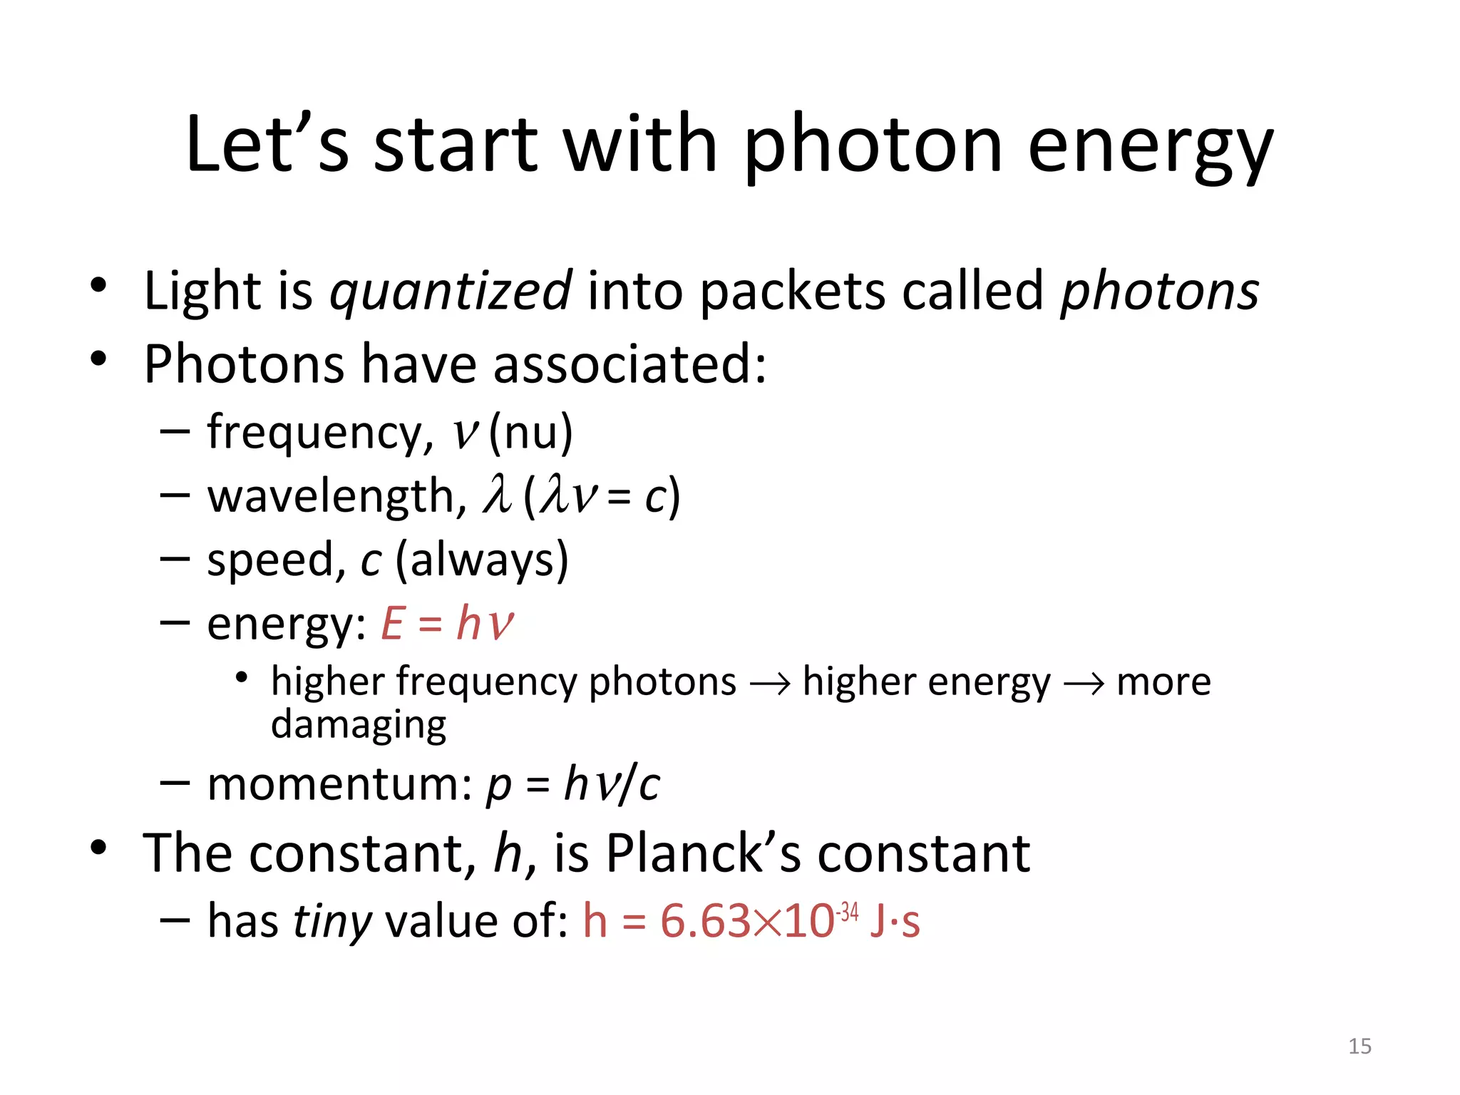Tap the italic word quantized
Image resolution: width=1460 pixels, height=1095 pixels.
pyautogui.click(x=451, y=291)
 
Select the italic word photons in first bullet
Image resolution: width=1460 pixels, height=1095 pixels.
pyautogui.click(x=1160, y=291)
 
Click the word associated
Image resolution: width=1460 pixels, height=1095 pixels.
pyautogui.click(x=629, y=364)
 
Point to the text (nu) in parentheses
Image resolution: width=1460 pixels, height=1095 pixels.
pyautogui.click(x=530, y=432)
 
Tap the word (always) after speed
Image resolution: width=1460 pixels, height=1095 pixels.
pyautogui.click(x=482, y=560)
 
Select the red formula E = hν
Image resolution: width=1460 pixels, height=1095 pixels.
pyautogui.click(x=447, y=623)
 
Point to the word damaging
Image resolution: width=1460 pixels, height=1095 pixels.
pyautogui.click(x=359, y=724)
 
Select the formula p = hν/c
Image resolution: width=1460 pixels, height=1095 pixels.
pyautogui.click(x=573, y=784)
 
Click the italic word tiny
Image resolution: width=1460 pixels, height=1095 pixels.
pyautogui.click(x=332, y=920)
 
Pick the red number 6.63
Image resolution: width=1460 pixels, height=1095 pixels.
pyautogui.click(x=705, y=920)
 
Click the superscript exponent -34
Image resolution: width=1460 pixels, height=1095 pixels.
pyautogui.click(x=848, y=911)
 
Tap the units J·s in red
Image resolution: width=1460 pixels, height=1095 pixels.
pyautogui.click(x=895, y=920)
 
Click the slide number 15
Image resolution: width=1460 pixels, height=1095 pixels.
pyautogui.click(x=1359, y=1046)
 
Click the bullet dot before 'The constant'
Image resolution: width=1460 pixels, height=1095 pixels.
pyautogui.click(x=98, y=848)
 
